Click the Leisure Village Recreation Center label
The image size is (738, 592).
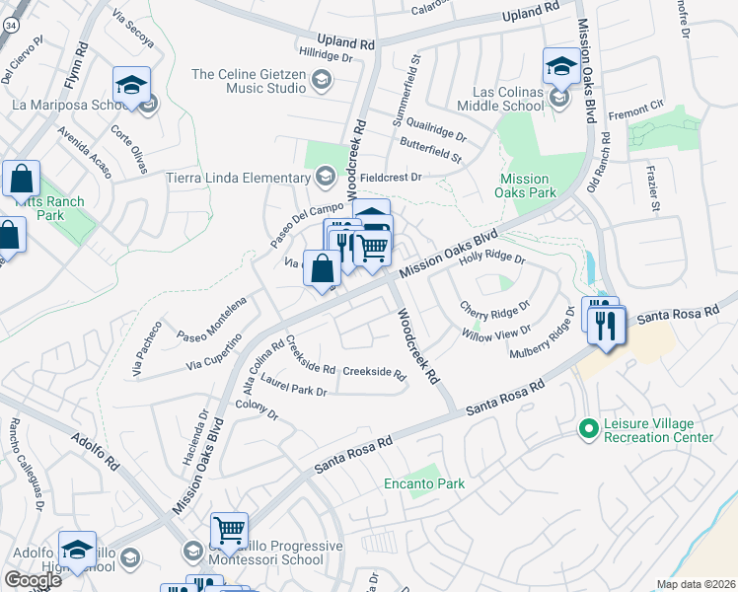tap(659, 429)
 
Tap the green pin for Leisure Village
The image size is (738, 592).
tap(589, 428)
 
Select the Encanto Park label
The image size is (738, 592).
tap(424, 483)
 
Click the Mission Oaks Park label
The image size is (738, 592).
tap(523, 186)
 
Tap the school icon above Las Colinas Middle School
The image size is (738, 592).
tap(561, 67)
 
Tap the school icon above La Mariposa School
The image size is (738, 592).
tap(130, 85)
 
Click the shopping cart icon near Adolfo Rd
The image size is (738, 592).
tap(229, 531)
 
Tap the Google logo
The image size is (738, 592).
tap(33, 580)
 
